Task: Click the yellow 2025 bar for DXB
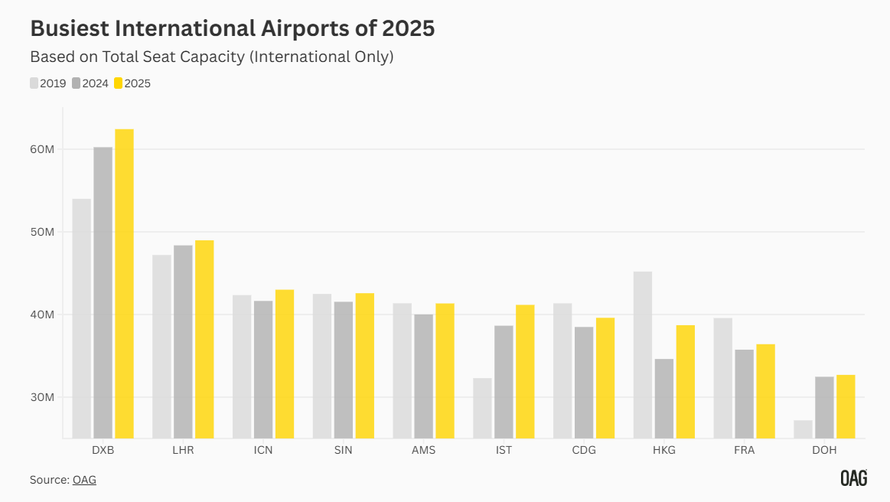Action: point(124,283)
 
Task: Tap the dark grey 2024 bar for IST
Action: point(504,382)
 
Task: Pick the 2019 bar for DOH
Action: point(803,429)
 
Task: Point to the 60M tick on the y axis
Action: point(43,149)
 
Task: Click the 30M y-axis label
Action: point(43,397)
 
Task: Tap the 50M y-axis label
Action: point(43,232)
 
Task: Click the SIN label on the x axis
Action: point(344,450)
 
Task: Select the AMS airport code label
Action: point(423,450)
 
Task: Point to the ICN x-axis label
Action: point(263,450)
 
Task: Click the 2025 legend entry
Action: point(132,83)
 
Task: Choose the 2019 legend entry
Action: point(48,83)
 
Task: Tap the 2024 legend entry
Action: point(90,83)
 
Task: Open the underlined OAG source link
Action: point(84,480)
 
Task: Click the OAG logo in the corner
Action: point(853,478)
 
